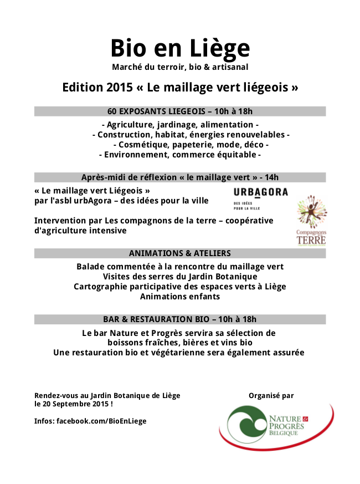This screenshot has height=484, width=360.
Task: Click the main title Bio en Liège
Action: click(x=180, y=48)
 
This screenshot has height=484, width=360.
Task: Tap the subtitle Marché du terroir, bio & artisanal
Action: click(x=180, y=67)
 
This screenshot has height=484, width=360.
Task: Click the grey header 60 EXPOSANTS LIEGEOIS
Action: click(x=180, y=111)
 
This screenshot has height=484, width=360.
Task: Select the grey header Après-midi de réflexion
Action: click(x=180, y=177)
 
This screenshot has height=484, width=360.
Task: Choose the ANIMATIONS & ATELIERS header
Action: click(x=180, y=253)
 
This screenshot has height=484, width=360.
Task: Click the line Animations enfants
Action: click(x=180, y=297)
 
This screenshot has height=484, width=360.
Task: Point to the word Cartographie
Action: click(x=99, y=287)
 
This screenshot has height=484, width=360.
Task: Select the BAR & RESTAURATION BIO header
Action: click(x=180, y=319)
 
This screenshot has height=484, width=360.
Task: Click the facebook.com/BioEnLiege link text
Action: click(x=101, y=421)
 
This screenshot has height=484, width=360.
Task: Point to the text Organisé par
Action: click(x=271, y=395)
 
